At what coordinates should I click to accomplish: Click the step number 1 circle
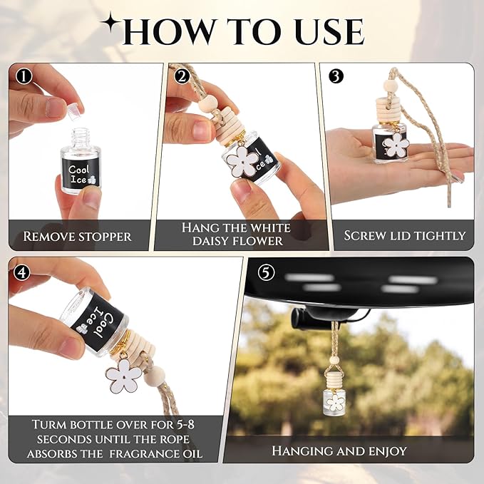(24, 76)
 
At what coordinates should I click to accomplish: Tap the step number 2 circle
(182, 76)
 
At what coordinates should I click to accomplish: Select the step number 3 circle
(336, 76)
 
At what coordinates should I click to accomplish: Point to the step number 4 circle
(22, 272)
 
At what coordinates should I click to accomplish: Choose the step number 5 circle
(266, 272)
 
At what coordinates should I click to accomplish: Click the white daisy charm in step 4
(124, 375)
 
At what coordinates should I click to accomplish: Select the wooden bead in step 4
(155, 376)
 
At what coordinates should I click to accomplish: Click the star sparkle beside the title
(110, 23)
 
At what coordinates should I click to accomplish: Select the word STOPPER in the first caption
(105, 237)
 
